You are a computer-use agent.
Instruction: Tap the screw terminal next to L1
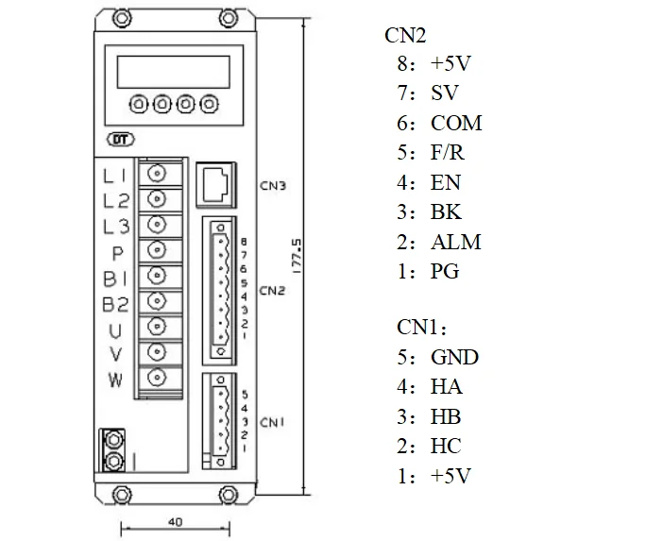[x=157, y=174]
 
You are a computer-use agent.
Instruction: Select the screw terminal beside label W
[x=157, y=380]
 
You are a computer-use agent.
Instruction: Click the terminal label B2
[x=116, y=304]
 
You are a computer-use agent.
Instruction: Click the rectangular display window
[x=173, y=70]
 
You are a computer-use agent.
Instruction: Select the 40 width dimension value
[x=174, y=521]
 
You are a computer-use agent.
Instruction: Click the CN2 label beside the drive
[x=273, y=290]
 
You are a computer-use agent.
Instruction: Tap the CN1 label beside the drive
[x=273, y=421]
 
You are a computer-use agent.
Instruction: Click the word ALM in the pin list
[x=456, y=243]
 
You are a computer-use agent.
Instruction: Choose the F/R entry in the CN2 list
[x=450, y=153]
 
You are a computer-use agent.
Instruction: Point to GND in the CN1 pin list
[x=454, y=358]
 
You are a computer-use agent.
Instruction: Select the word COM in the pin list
[x=456, y=124]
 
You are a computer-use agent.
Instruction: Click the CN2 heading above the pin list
[x=405, y=36]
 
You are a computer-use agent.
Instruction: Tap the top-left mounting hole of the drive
[x=122, y=17]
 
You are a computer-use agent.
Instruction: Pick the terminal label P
[x=118, y=253]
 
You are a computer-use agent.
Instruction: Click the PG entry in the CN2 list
[x=445, y=272]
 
